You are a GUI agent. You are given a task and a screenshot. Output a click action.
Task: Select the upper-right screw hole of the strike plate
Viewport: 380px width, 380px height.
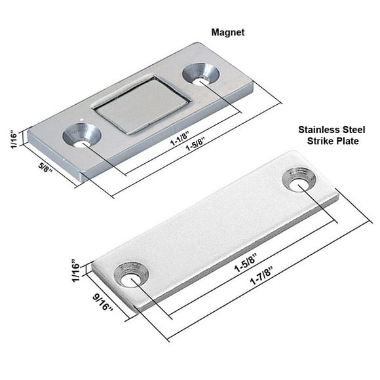coord(299,180)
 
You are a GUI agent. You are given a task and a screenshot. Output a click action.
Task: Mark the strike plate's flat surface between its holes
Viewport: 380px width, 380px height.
coord(216,223)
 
